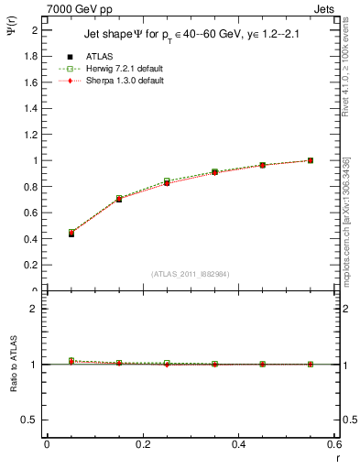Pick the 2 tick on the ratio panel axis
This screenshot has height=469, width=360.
(34, 309)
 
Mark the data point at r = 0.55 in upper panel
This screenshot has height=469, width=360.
(311, 160)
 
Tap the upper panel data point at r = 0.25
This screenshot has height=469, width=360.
(167, 182)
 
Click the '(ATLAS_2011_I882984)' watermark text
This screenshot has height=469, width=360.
(190, 273)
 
